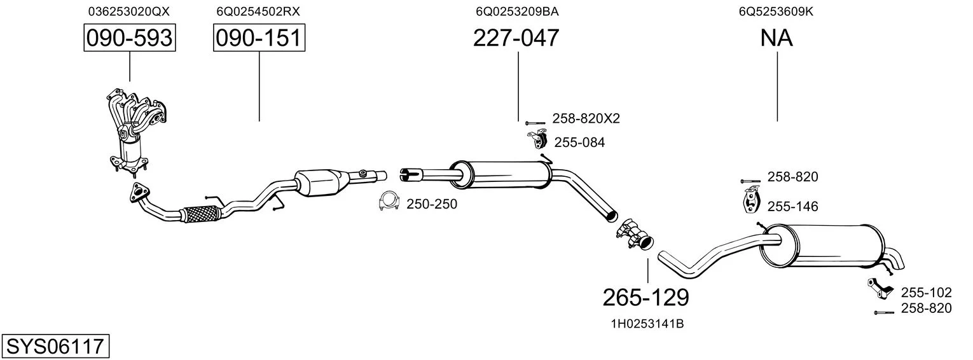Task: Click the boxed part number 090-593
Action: point(130,38)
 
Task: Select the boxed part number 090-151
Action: point(259,38)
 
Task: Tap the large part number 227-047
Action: point(516,38)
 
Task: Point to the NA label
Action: point(776,38)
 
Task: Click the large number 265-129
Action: point(646,298)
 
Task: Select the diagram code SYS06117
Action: point(55,346)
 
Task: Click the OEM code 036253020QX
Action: point(129,11)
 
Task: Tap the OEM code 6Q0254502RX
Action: point(258,11)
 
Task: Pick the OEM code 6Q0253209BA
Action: point(517,11)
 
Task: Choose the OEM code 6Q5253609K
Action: point(776,11)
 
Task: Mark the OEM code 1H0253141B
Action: point(647,324)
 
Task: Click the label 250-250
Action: point(432,204)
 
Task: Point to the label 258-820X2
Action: point(586,118)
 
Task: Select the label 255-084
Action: point(579,142)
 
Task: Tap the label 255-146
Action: point(793,206)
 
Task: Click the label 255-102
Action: point(926,292)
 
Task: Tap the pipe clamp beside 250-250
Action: point(389,201)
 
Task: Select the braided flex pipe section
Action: point(200,214)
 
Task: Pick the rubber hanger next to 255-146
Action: point(751,200)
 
